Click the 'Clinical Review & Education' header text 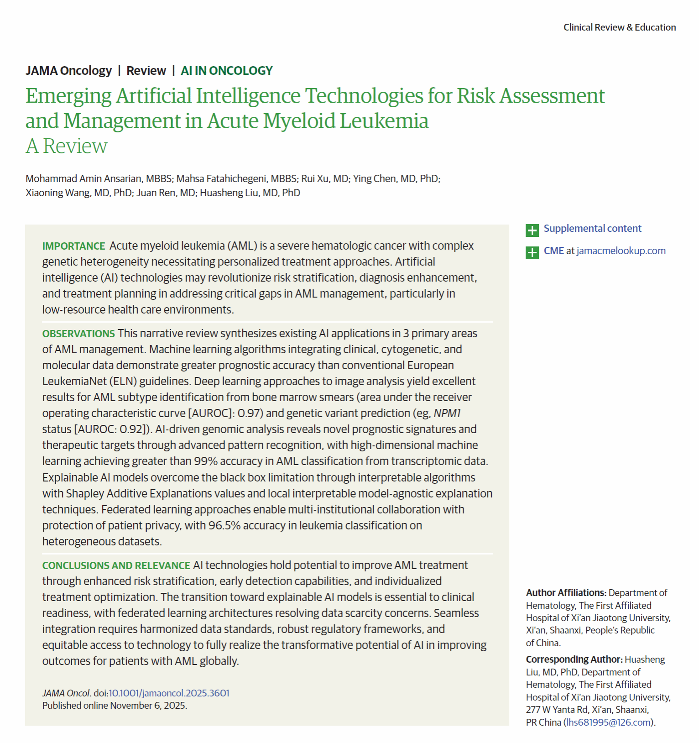[x=619, y=27]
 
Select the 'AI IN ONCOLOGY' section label [x=226, y=71]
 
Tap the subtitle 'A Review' [x=67, y=147]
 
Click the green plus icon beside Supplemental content [x=532, y=230]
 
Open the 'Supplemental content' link [x=592, y=228]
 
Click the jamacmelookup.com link [x=621, y=251]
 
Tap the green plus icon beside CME [x=532, y=252]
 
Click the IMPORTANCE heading [x=73, y=246]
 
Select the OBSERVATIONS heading [x=78, y=334]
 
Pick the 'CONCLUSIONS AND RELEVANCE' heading [x=116, y=565]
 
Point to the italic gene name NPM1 [x=447, y=413]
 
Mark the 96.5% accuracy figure [x=224, y=526]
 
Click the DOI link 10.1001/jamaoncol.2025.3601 [x=169, y=693]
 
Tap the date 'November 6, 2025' [x=148, y=706]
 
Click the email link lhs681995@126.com [x=608, y=722]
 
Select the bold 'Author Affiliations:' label [x=566, y=593]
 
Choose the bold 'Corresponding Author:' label [x=574, y=659]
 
